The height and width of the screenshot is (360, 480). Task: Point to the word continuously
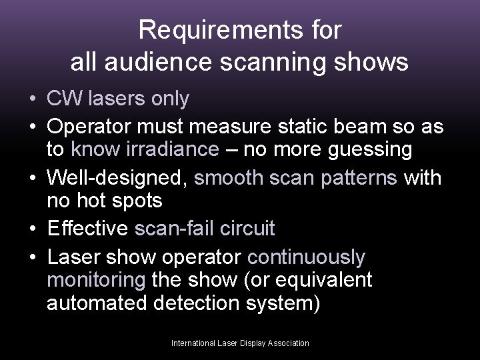point(306,256)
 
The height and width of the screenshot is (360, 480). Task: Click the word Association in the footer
point(289,343)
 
